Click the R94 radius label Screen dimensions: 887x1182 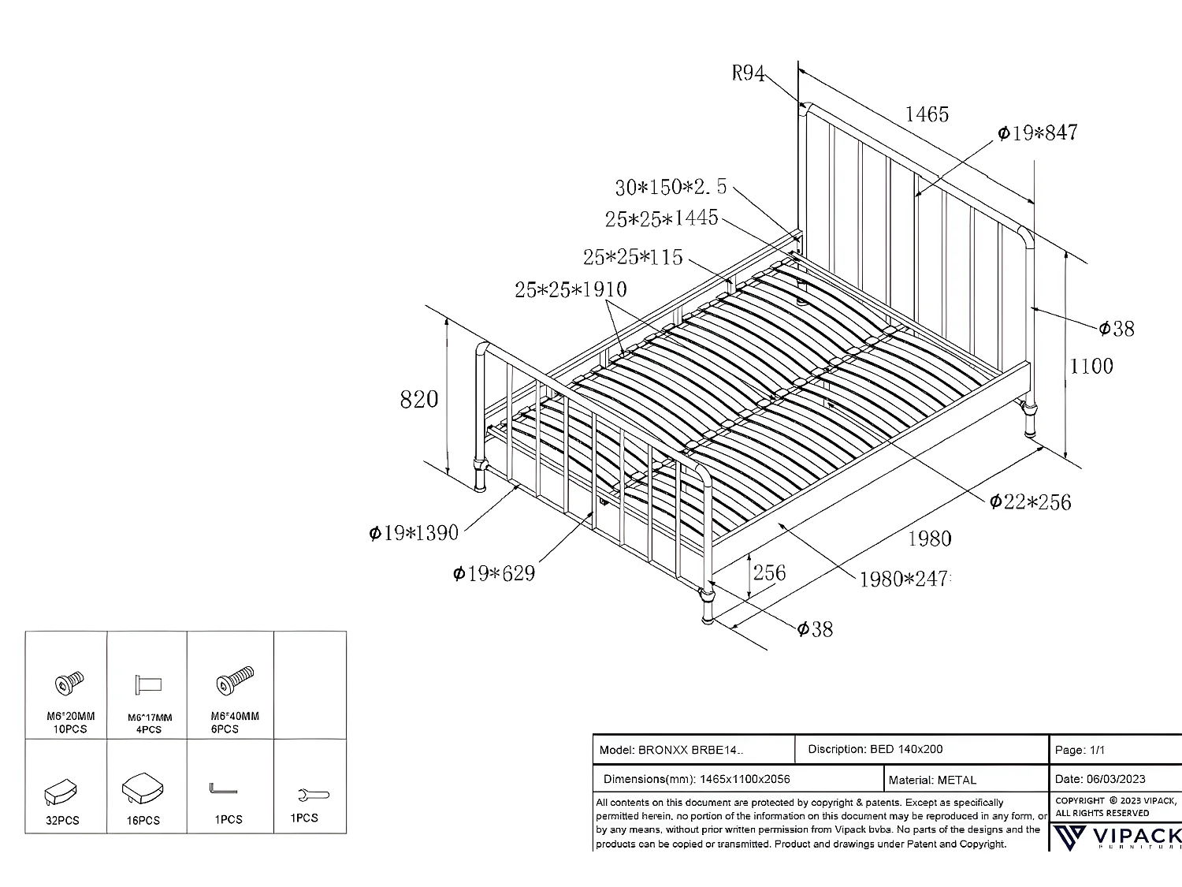(748, 73)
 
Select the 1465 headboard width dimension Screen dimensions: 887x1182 (927, 114)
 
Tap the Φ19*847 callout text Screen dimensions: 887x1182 (1037, 132)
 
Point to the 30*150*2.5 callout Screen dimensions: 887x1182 (671, 188)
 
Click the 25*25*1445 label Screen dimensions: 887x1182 (662, 218)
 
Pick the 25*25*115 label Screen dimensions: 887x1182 (633, 257)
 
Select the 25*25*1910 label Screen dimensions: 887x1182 (571, 289)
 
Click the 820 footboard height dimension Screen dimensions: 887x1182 (419, 400)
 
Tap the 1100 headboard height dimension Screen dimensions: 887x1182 (1091, 366)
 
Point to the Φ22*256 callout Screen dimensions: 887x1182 (1031, 501)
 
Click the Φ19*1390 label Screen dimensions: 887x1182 (414, 533)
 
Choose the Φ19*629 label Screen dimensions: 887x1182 (494, 573)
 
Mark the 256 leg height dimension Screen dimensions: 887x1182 (769, 572)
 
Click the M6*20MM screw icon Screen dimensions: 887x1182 (69, 682)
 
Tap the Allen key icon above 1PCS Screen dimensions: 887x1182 (223, 789)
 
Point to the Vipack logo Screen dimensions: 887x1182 (1119, 837)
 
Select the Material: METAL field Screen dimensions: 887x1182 (932, 780)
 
